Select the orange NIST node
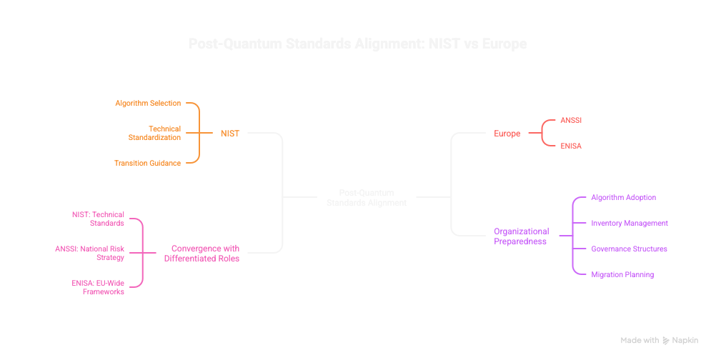point(229,133)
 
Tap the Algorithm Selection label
point(148,103)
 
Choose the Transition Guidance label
point(147,163)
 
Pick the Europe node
point(507,133)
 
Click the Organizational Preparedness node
point(522,236)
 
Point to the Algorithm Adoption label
point(623,197)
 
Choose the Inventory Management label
point(629,223)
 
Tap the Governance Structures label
point(629,249)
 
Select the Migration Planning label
point(622,274)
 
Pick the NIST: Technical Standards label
point(98,219)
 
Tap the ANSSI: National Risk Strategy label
point(89,253)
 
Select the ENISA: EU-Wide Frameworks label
point(98,287)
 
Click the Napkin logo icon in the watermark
point(666,341)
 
